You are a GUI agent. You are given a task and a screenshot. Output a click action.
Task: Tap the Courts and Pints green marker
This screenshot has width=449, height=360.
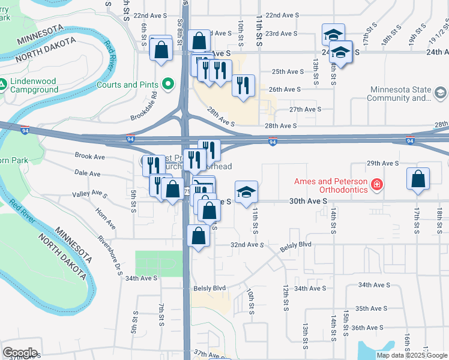pyautogui.click(x=168, y=85)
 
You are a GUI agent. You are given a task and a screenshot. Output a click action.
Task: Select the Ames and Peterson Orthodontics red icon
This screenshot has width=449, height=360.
pyautogui.click(x=376, y=184)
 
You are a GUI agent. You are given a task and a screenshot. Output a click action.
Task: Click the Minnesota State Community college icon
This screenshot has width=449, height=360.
pyautogui.click(x=441, y=93)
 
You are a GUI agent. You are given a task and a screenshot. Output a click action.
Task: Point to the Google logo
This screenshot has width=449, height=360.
pyautogui.click(x=20, y=353)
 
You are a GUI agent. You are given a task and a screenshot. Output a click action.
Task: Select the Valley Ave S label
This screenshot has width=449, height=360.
pyautogui.click(x=89, y=194)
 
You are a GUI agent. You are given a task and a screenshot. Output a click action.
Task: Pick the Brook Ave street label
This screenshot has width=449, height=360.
pyautogui.click(x=90, y=156)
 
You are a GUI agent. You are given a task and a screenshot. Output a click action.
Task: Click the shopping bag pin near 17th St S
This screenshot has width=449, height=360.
pyautogui.click(x=418, y=180)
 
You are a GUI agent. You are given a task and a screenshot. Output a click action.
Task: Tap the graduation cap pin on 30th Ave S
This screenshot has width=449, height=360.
pyautogui.click(x=246, y=192)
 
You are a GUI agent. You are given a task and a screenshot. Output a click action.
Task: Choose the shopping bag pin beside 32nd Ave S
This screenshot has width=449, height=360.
pyautogui.click(x=199, y=236)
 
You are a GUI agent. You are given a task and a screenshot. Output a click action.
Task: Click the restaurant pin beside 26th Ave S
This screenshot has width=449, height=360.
pyautogui.click(x=243, y=86)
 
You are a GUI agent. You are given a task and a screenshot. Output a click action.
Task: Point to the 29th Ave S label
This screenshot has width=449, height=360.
pyautogui.click(x=382, y=163)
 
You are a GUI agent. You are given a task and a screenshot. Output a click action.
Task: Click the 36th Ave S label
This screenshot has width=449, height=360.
pyautogui.click(x=367, y=328)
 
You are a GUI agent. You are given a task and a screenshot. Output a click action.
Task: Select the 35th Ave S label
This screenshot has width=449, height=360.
pyautogui.click(x=370, y=308)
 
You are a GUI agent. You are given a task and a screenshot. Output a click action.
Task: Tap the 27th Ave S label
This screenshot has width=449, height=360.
pyautogui.click(x=306, y=110)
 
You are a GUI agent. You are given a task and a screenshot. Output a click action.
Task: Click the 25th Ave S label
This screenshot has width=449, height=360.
pyautogui.click(x=288, y=71)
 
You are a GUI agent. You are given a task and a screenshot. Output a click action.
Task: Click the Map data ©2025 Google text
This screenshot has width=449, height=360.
pyautogui.click(x=412, y=355)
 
